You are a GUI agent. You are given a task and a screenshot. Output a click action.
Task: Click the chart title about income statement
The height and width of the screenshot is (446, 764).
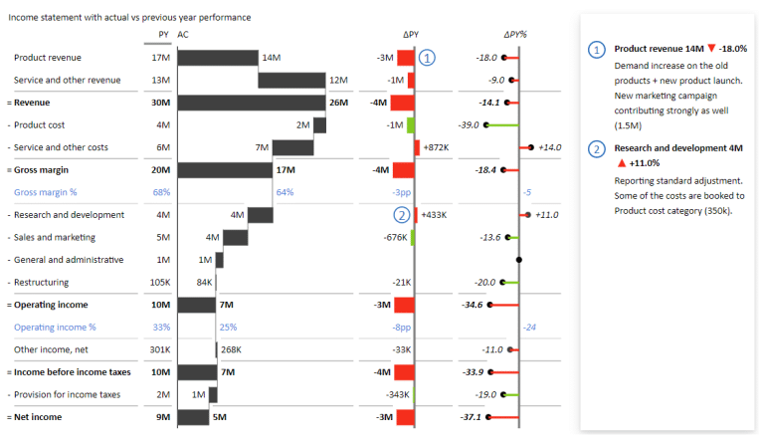click(129, 17)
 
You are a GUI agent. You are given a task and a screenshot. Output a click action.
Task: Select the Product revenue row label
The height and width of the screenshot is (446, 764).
click(48, 58)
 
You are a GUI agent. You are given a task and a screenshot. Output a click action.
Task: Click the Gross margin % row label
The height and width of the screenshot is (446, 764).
click(45, 192)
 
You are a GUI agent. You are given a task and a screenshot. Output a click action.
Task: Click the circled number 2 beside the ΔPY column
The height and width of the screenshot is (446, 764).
click(401, 214)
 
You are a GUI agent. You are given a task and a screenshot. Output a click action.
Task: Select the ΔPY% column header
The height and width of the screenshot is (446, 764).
click(515, 35)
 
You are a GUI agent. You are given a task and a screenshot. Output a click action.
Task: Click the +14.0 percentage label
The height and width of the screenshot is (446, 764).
click(549, 147)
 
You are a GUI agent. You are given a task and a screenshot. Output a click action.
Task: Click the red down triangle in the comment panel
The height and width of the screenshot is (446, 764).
click(712, 49)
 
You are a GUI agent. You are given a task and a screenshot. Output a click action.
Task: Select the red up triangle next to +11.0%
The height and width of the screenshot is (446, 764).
click(621, 162)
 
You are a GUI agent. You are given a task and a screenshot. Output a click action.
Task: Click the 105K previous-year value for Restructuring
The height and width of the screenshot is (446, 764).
click(160, 282)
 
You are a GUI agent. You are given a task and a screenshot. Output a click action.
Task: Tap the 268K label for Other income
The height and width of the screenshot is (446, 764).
click(231, 349)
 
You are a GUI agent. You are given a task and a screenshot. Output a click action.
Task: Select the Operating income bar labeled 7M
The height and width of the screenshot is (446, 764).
click(196, 305)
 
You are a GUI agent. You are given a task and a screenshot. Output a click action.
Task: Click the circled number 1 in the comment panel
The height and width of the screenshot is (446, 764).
click(597, 49)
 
